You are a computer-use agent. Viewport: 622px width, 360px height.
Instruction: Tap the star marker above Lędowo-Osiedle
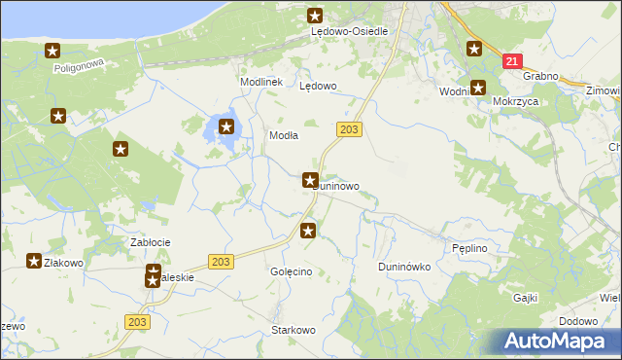pyautogui.click(x=315, y=15)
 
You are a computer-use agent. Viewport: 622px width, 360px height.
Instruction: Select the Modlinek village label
pyautogui.click(x=261, y=82)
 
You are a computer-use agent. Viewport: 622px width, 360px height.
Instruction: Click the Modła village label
pyautogui.click(x=283, y=136)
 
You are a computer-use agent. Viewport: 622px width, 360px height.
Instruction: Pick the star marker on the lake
pyautogui.click(x=226, y=126)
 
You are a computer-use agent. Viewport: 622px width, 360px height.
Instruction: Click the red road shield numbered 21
pyautogui.click(x=511, y=60)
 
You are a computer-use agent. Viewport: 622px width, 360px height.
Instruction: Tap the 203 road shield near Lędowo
pyautogui.click(x=350, y=128)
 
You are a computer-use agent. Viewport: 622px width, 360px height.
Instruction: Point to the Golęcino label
pyautogui.click(x=291, y=271)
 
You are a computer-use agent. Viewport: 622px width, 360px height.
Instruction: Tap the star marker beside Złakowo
pyautogui.click(x=34, y=261)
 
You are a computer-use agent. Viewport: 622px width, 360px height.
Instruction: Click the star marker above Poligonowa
pyautogui.click(x=52, y=51)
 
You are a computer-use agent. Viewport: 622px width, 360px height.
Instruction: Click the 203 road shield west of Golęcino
pyautogui.click(x=221, y=262)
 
